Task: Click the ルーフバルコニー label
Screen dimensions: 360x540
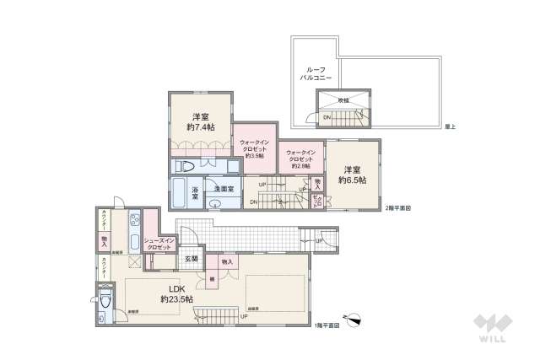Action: pyautogui.click(x=316, y=73)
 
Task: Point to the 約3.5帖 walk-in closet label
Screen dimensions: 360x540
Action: pyautogui.click(x=255, y=149)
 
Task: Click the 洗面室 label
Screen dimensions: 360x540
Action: pyautogui.click(x=224, y=189)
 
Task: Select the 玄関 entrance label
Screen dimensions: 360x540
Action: pyautogui.click(x=192, y=259)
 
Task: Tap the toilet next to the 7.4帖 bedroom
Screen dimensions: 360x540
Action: pyautogui.click(x=189, y=166)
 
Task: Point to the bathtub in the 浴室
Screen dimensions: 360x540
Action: pyautogui.click(x=180, y=190)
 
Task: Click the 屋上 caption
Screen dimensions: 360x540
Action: pyautogui.click(x=450, y=126)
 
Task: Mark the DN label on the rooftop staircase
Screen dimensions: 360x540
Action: pyautogui.click(x=327, y=117)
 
